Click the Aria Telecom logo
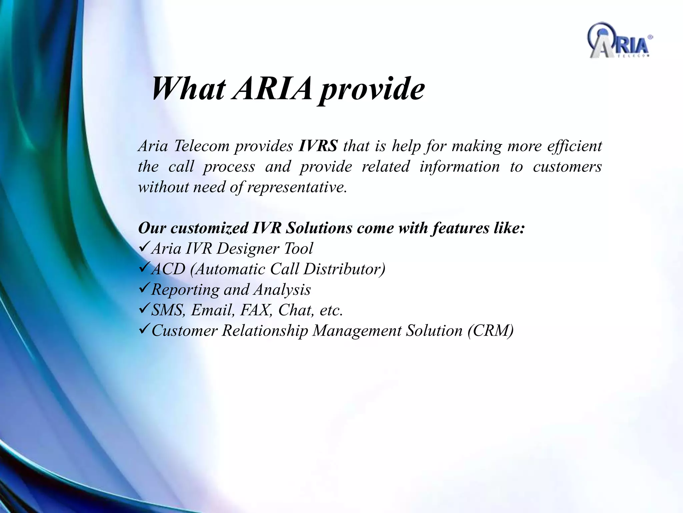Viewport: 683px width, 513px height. (x=619, y=41)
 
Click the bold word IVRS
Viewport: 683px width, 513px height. (x=318, y=146)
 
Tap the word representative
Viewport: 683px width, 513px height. (x=297, y=187)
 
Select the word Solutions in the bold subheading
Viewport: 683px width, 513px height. (x=319, y=228)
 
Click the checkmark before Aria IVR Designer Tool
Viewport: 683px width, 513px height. (x=144, y=247)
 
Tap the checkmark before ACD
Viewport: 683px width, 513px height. (x=144, y=268)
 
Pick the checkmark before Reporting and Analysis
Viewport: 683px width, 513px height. (x=144, y=289)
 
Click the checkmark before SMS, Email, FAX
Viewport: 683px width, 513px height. (x=144, y=309)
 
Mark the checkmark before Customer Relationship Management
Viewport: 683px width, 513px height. (x=144, y=330)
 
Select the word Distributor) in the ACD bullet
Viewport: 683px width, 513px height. (x=345, y=269)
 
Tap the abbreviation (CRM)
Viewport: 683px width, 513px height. (x=490, y=331)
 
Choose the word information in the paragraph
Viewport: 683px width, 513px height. (x=459, y=167)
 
